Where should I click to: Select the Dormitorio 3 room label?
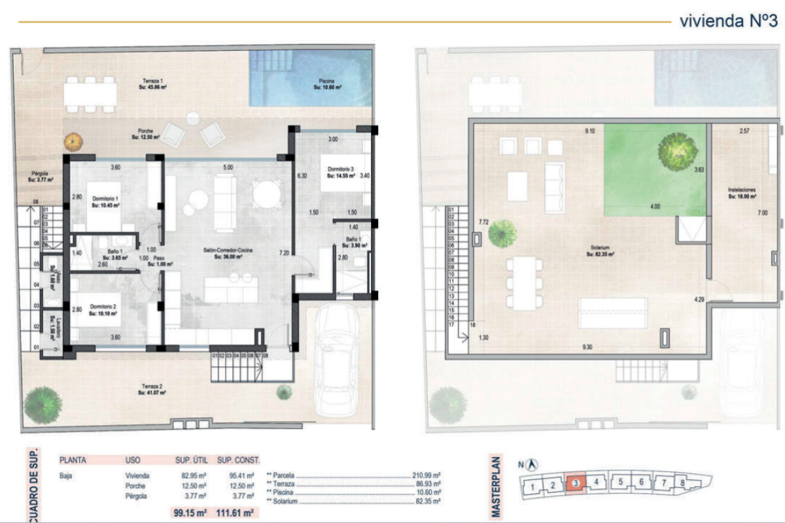click(340, 173)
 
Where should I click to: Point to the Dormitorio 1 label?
click(105, 201)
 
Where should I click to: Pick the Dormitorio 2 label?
click(104, 310)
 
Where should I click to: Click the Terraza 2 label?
click(151, 390)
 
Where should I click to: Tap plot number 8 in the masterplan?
click(682, 484)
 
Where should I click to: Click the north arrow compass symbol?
click(533, 464)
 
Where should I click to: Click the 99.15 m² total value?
click(190, 513)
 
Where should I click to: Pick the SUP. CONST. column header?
click(239, 460)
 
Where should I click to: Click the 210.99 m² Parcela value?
click(427, 475)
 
